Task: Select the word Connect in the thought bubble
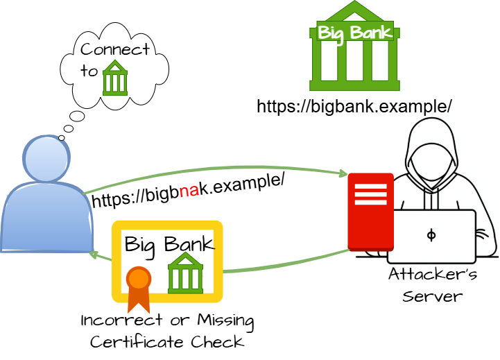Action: [115, 50]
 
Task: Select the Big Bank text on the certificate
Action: [169, 244]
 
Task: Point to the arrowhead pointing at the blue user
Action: [95, 256]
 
